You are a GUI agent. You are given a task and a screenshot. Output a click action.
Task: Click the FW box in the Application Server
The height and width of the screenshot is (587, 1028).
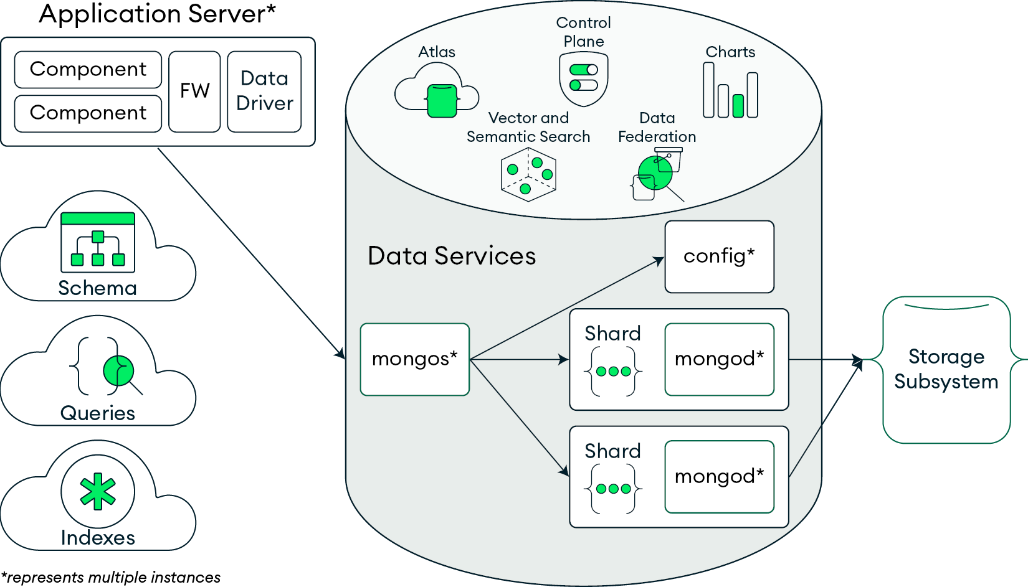[x=194, y=92]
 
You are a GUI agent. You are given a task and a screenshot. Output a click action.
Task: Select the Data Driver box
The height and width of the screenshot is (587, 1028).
[x=264, y=92]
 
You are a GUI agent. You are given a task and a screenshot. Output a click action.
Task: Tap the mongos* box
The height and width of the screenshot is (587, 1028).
[x=414, y=359]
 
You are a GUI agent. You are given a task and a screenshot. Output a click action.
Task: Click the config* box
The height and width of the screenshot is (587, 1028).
[x=719, y=256]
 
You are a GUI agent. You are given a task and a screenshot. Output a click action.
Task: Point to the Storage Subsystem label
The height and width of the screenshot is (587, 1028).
[x=946, y=369]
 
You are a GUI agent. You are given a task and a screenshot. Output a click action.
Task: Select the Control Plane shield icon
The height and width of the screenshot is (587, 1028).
[x=584, y=79]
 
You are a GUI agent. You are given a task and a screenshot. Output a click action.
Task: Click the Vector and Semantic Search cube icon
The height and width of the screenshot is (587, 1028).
[x=528, y=174]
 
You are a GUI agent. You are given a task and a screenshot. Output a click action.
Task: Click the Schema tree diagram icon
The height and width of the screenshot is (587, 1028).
[x=98, y=243]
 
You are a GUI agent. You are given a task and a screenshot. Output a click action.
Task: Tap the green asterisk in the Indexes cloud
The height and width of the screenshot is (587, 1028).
[x=98, y=491]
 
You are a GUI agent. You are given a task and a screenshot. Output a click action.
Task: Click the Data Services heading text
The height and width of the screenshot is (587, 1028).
[x=452, y=256]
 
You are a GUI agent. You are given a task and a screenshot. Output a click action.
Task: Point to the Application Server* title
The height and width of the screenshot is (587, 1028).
[x=157, y=14]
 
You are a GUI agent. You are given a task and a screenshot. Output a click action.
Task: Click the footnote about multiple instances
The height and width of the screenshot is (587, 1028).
[x=111, y=578]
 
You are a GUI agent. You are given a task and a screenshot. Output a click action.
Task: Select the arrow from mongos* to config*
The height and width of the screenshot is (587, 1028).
[x=567, y=309]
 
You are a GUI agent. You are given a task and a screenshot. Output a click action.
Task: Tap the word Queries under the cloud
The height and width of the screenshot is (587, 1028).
[x=98, y=413]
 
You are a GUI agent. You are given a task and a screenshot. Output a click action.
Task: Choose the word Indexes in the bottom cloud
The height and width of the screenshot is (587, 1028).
[x=98, y=538]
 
